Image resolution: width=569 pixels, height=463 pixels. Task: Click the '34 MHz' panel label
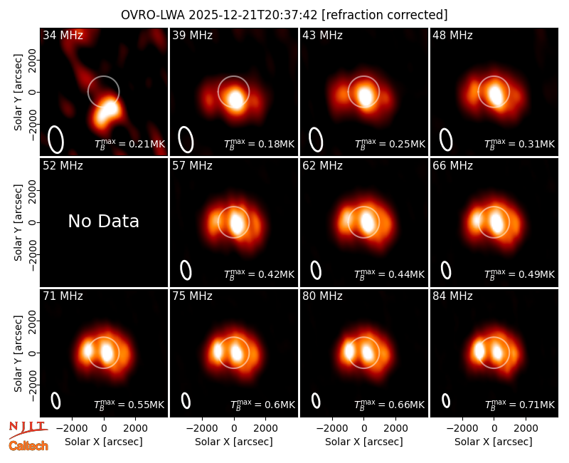tap(63, 35)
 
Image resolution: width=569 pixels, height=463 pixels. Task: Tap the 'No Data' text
tap(103, 221)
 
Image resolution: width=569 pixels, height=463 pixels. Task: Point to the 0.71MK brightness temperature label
tap(520, 405)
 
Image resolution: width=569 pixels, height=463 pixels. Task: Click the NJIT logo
tap(28, 429)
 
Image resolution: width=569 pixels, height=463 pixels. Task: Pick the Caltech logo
tap(28, 446)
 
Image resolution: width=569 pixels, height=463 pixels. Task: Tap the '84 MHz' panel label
tap(452, 296)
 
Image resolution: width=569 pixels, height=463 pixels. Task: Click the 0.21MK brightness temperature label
tap(129, 144)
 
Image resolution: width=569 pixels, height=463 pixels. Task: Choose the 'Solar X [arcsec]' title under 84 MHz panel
tap(494, 442)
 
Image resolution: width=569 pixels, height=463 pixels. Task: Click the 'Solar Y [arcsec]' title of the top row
tap(18, 93)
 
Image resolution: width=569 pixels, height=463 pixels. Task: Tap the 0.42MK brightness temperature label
tap(259, 274)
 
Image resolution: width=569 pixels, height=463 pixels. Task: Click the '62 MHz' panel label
tap(323, 166)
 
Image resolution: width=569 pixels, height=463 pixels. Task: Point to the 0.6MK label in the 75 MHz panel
tap(262, 405)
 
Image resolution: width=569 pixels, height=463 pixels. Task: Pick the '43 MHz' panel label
tap(323, 35)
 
